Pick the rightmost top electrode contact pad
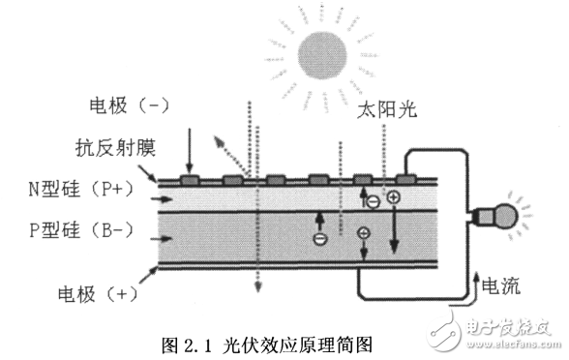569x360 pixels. pyautogui.click(x=407, y=179)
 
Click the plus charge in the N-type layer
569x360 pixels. pyautogui.click(x=394, y=197)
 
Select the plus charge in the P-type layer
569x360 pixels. pyautogui.click(x=363, y=233)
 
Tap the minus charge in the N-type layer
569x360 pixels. pyautogui.click(x=373, y=202)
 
